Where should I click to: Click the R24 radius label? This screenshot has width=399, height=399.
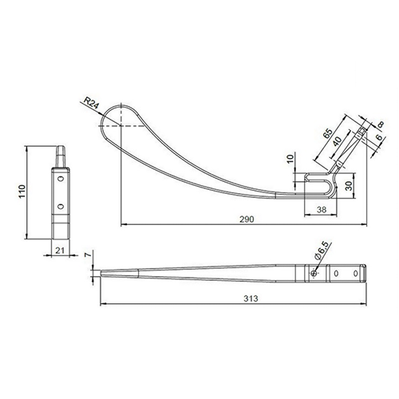[92, 103]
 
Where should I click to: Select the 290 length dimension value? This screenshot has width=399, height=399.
[247, 219]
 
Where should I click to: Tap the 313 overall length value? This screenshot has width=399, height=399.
[251, 298]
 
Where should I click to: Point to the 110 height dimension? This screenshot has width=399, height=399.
[22, 191]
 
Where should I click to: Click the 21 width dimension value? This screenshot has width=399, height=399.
[60, 251]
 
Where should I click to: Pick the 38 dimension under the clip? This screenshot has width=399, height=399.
[322, 210]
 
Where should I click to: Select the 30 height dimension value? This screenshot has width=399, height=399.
[350, 185]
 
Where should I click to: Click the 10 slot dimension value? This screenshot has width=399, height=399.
[290, 158]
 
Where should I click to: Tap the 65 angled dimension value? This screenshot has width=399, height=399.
[328, 133]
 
